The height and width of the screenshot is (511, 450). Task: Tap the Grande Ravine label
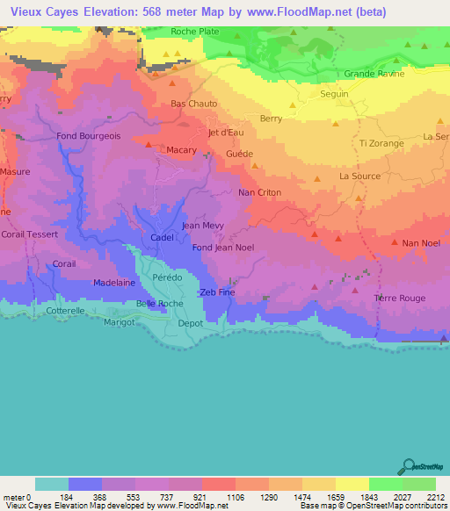click(x=374, y=74)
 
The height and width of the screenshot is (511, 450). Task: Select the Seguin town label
click(x=335, y=94)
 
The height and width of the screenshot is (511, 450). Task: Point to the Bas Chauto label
click(x=193, y=104)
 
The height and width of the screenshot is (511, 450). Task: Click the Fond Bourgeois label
click(x=88, y=136)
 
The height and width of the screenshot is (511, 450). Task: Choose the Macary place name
click(x=182, y=150)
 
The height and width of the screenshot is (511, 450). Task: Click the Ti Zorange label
click(x=381, y=142)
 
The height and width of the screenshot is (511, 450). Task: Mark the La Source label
click(x=359, y=176)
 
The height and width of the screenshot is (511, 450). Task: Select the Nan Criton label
click(x=259, y=191)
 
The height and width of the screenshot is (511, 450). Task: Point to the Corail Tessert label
click(x=30, y=234)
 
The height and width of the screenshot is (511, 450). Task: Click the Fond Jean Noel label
click(x=223, y=248)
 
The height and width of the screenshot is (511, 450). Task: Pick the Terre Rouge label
click(x=401, y=299)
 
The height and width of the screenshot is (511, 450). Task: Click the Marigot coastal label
click(x=120, y=322)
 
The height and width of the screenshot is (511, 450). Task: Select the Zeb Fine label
click(x=218, y=292)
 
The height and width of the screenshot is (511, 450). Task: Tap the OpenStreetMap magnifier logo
click(x=407, y=465)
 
